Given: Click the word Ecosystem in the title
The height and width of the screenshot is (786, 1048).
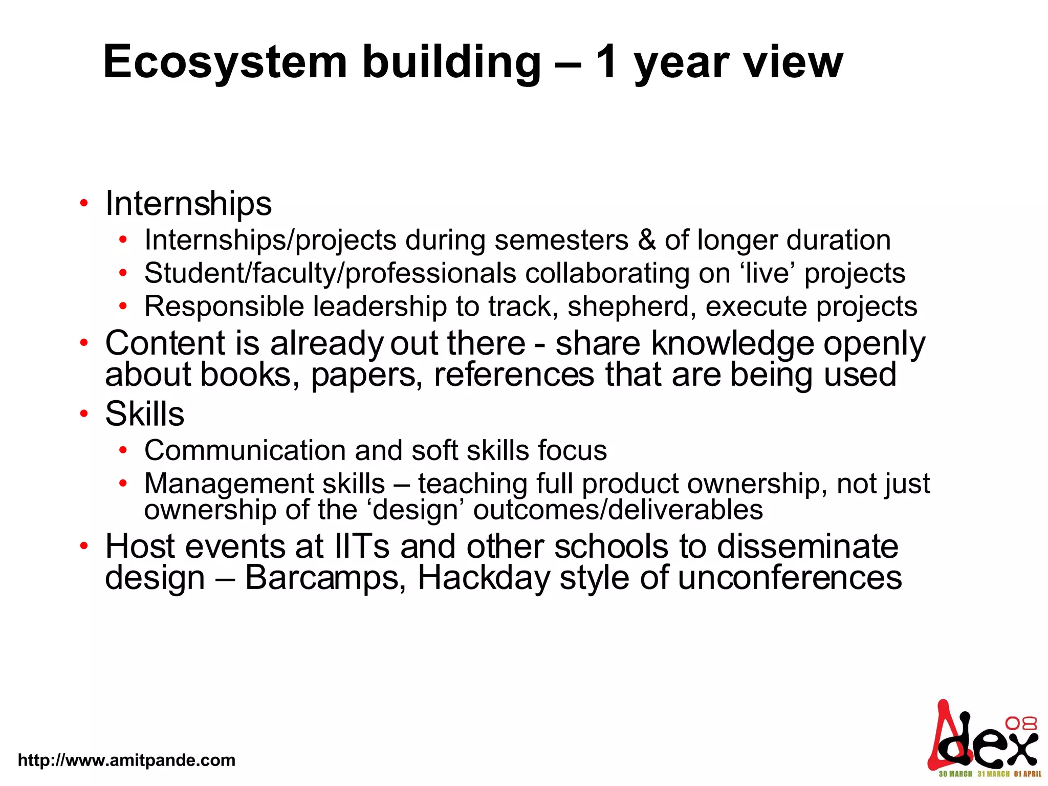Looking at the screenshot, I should click(x=225, y=62).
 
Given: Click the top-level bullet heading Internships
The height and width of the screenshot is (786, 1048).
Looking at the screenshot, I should click(x=188, y=204).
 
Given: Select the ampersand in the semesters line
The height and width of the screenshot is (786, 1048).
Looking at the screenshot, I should click(x=647, y=240).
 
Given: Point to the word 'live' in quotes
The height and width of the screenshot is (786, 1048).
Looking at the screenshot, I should click(x=768, y=273).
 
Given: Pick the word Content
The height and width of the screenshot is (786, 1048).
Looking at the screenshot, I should click(x=165, y=343).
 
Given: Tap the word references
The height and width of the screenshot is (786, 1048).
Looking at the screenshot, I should click(x=514, y=374).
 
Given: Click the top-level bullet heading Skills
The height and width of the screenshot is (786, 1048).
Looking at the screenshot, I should click(x=144, y=413).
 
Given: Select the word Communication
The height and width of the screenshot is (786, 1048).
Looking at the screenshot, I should click(x=245, y=450).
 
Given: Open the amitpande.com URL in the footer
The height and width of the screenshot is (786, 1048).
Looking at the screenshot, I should click(x=126, y=760).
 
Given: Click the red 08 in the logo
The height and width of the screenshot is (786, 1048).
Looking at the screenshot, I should click(x=1021, y=723).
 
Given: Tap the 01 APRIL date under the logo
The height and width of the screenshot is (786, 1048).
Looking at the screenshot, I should click(x=1028, y=774).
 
